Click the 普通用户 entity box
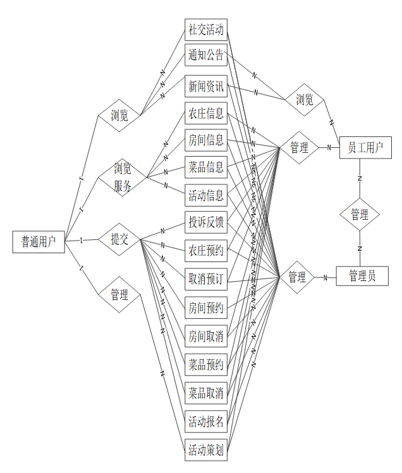[39, 241]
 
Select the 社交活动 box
[206, 29]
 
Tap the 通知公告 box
[206, 56]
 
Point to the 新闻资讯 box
[206, 86]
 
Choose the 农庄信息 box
[206, 114]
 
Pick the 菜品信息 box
[206, 167]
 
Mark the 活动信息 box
[206, 196]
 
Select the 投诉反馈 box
[206, 222]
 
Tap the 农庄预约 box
[206, 251]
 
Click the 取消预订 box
[206, 278]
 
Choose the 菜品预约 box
[206, 364]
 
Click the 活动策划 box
[206, 450]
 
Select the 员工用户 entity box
[365, 148]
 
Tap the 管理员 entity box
[362, 276]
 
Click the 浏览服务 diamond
[123, 177]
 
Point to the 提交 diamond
[119, 239]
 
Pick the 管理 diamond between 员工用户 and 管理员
[360, 215]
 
